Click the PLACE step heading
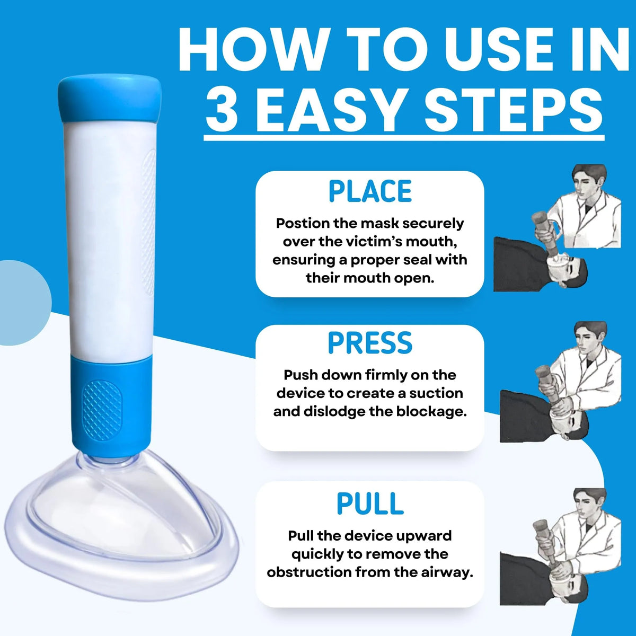coord(370,191)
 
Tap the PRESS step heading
coord(370,343)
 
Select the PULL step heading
coord(370,503)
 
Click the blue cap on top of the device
coord(110,100)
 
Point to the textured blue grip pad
coord(102,411)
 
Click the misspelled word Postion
coord(302,224)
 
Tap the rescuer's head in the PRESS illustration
coord(590,340)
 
